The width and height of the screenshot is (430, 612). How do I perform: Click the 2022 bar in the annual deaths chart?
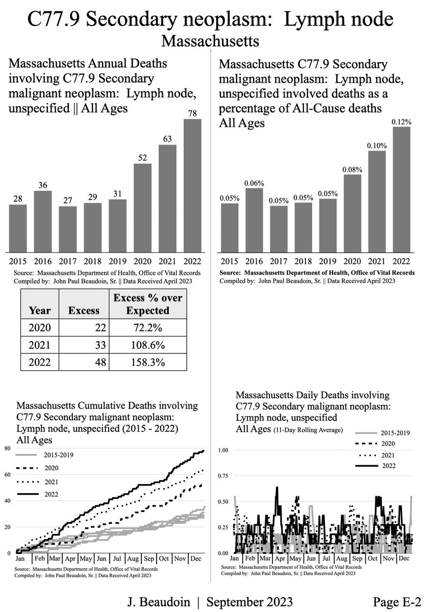click(192, 186)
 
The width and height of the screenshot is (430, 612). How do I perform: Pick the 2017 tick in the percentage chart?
click(278, 262)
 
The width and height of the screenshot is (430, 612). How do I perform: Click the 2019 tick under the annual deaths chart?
click(117, 262)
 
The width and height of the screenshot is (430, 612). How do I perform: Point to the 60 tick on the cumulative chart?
click(7, 474)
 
